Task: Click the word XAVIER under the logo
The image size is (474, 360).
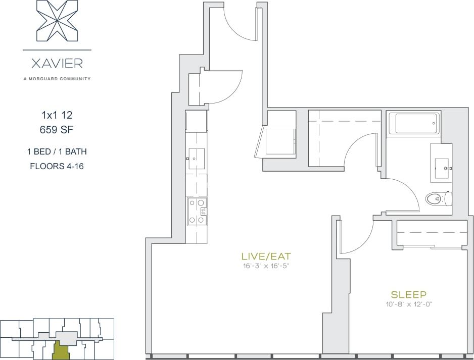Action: point(57,64)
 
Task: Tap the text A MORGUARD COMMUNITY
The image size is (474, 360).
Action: point(57,79)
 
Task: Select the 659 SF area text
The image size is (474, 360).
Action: point(57,130)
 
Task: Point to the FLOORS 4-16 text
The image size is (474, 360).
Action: point(57,166)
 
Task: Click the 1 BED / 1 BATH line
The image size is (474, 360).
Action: point(57,151)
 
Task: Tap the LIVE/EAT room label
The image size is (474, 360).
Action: point(266,255)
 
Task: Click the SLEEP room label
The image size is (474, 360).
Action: point(408,294)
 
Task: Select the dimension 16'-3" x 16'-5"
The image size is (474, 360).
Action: point(266,266)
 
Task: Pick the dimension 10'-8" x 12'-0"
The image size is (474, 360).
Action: point(408,304)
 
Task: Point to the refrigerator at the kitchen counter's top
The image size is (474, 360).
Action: point(196,121)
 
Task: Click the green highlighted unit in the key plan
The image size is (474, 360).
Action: point(60,350)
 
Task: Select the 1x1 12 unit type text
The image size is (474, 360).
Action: point(57,115)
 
